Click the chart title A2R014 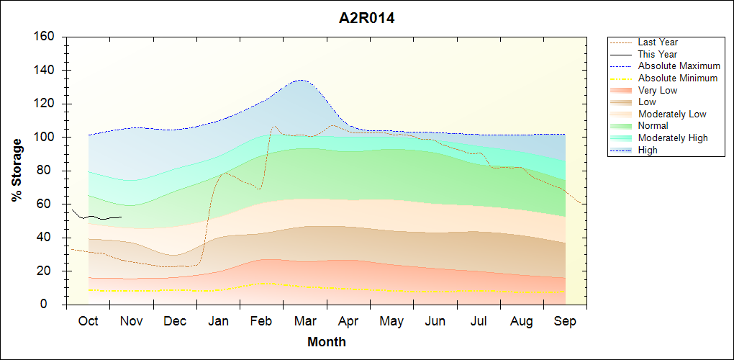[x=366, y=19]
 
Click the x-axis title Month [x=326, y=342]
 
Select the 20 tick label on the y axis [x=50, y=271]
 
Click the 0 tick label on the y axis [x=53, y=305]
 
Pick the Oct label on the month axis [x=89, y=321]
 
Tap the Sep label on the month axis [x=565, y=321]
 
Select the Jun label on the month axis [x=435, y=321]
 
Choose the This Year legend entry [x=657, y=54]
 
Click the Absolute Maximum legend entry [x=679, y=66]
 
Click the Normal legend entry [x=653, y=126]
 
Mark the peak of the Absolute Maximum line [x=301, y=80]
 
